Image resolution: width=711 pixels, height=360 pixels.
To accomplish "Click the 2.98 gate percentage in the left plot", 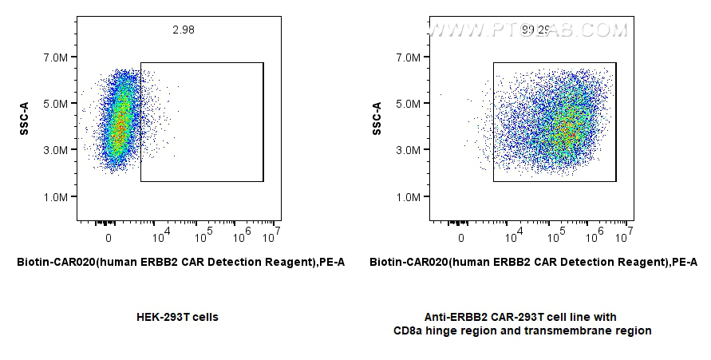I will [x=183, y=30].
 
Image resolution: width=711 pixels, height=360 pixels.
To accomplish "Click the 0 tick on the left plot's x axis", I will [x=109, y=237].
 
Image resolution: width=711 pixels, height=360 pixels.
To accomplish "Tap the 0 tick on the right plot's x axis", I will [x=461, y=237].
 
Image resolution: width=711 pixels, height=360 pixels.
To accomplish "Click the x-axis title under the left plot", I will [x=180, y=262].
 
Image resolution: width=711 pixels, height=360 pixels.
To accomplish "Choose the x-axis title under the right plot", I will [x=533, y=262].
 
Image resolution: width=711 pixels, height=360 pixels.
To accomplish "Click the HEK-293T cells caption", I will [x=178, y=317].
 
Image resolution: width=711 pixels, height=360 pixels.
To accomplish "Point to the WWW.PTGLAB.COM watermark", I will [x=527, y=30].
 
